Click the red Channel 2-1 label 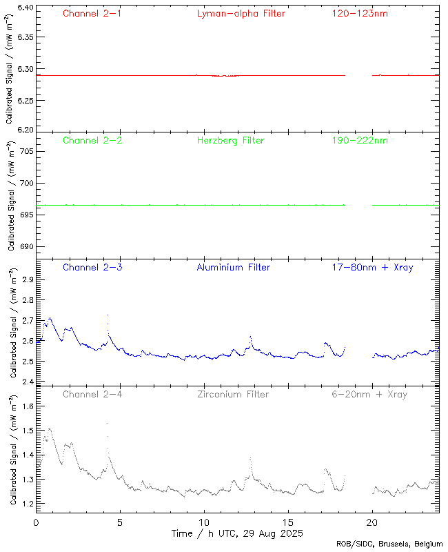92,13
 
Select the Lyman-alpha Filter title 241,13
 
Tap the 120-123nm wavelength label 360,13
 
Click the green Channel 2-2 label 92,140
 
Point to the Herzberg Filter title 230,140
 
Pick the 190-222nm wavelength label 360,140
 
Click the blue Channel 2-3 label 92,267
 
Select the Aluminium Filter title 233,267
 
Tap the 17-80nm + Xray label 372,267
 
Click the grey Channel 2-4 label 92,394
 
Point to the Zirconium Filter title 233,394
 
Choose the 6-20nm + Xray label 369,394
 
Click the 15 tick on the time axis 288,522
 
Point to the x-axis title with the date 237,533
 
